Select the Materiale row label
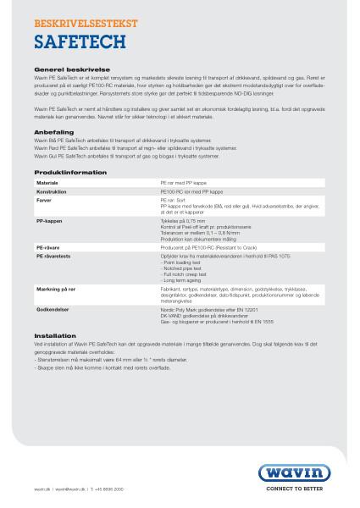point(47,182)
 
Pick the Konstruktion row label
point(52,192)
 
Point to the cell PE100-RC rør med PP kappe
point(191,192)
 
